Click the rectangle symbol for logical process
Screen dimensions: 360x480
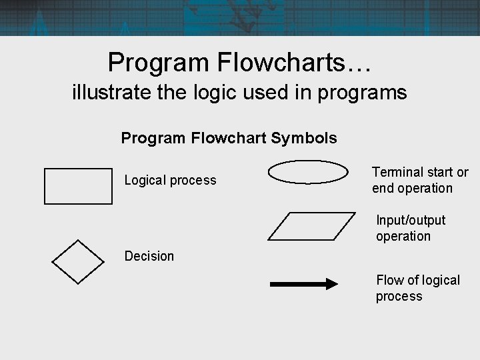[x=78, y=186]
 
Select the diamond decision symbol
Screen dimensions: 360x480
[x=78, y=262]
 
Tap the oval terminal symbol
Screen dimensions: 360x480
[x=308, y=172]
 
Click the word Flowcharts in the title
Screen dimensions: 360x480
[x=289, y=63]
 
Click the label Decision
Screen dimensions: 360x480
[x=149, y=256]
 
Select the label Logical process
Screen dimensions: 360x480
[x=171, y=180]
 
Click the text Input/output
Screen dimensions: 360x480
[x=411, y=220]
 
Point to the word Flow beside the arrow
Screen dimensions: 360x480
[x=389, y=280]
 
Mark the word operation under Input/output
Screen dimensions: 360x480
[x=403, y=236]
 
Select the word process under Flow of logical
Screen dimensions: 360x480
[x=399, y=296]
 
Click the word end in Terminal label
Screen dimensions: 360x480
[x=383, y=188]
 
